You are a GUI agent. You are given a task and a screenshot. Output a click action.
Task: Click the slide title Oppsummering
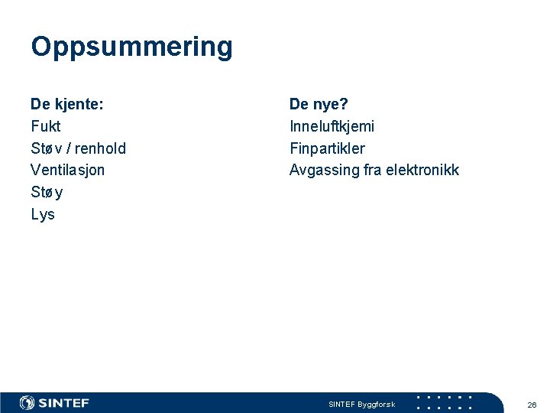click(x=131, y=47)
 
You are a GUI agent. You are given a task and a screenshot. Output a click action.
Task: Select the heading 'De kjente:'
click(x=67, y=104)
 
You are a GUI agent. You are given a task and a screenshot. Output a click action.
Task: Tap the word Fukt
click(x=45, y=126)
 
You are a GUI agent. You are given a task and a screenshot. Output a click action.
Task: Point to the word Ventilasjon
click(x=67, y=170)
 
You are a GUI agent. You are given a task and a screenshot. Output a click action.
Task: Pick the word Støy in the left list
click(x=47, y=192)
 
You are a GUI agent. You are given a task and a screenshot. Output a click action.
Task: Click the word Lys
click(x=43, y=214)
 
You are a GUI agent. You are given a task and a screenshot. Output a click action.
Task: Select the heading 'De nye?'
click(x=319, y=104)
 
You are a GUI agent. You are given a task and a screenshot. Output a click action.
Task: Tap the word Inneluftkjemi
click(x=332, y=126)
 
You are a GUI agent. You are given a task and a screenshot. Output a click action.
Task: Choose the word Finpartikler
click(x=327, y=148)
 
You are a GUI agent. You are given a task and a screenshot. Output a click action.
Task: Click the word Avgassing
click(x=324, y=170)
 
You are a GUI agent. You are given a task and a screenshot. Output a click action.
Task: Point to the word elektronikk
click(x=422, y=170)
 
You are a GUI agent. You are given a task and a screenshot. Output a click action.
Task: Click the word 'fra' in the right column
click(x=372, y=170)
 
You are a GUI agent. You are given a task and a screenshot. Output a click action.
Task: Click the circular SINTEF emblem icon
click(x=27, y=403)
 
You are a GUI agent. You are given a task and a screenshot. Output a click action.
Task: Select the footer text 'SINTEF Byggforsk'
click(x=361, y=404)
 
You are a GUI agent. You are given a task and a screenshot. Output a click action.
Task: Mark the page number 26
click(x=532, y=404)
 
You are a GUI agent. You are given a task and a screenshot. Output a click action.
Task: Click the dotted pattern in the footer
click(x=445, y=402)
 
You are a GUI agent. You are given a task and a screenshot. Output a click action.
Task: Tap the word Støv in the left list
click(x=47, y=148)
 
